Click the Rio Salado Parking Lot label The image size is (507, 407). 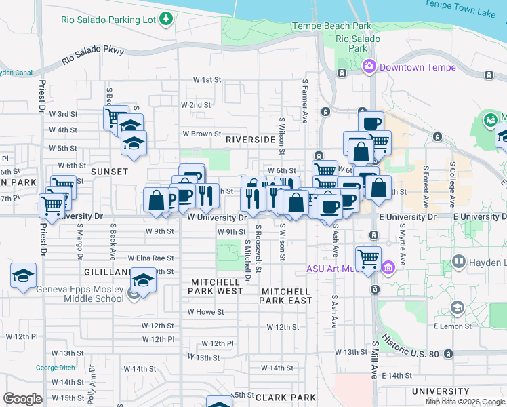coord(109,18)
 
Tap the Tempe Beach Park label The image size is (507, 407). coord(331,26)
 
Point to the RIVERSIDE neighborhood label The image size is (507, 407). coord(251,139)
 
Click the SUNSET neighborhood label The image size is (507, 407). coord(109,172)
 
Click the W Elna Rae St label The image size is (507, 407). coord(150,258)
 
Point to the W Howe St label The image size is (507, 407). coord(205,312)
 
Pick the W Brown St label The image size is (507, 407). coord(201,134)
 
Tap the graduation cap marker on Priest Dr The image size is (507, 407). coord(23,275)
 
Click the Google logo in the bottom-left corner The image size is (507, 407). coord(22,399)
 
